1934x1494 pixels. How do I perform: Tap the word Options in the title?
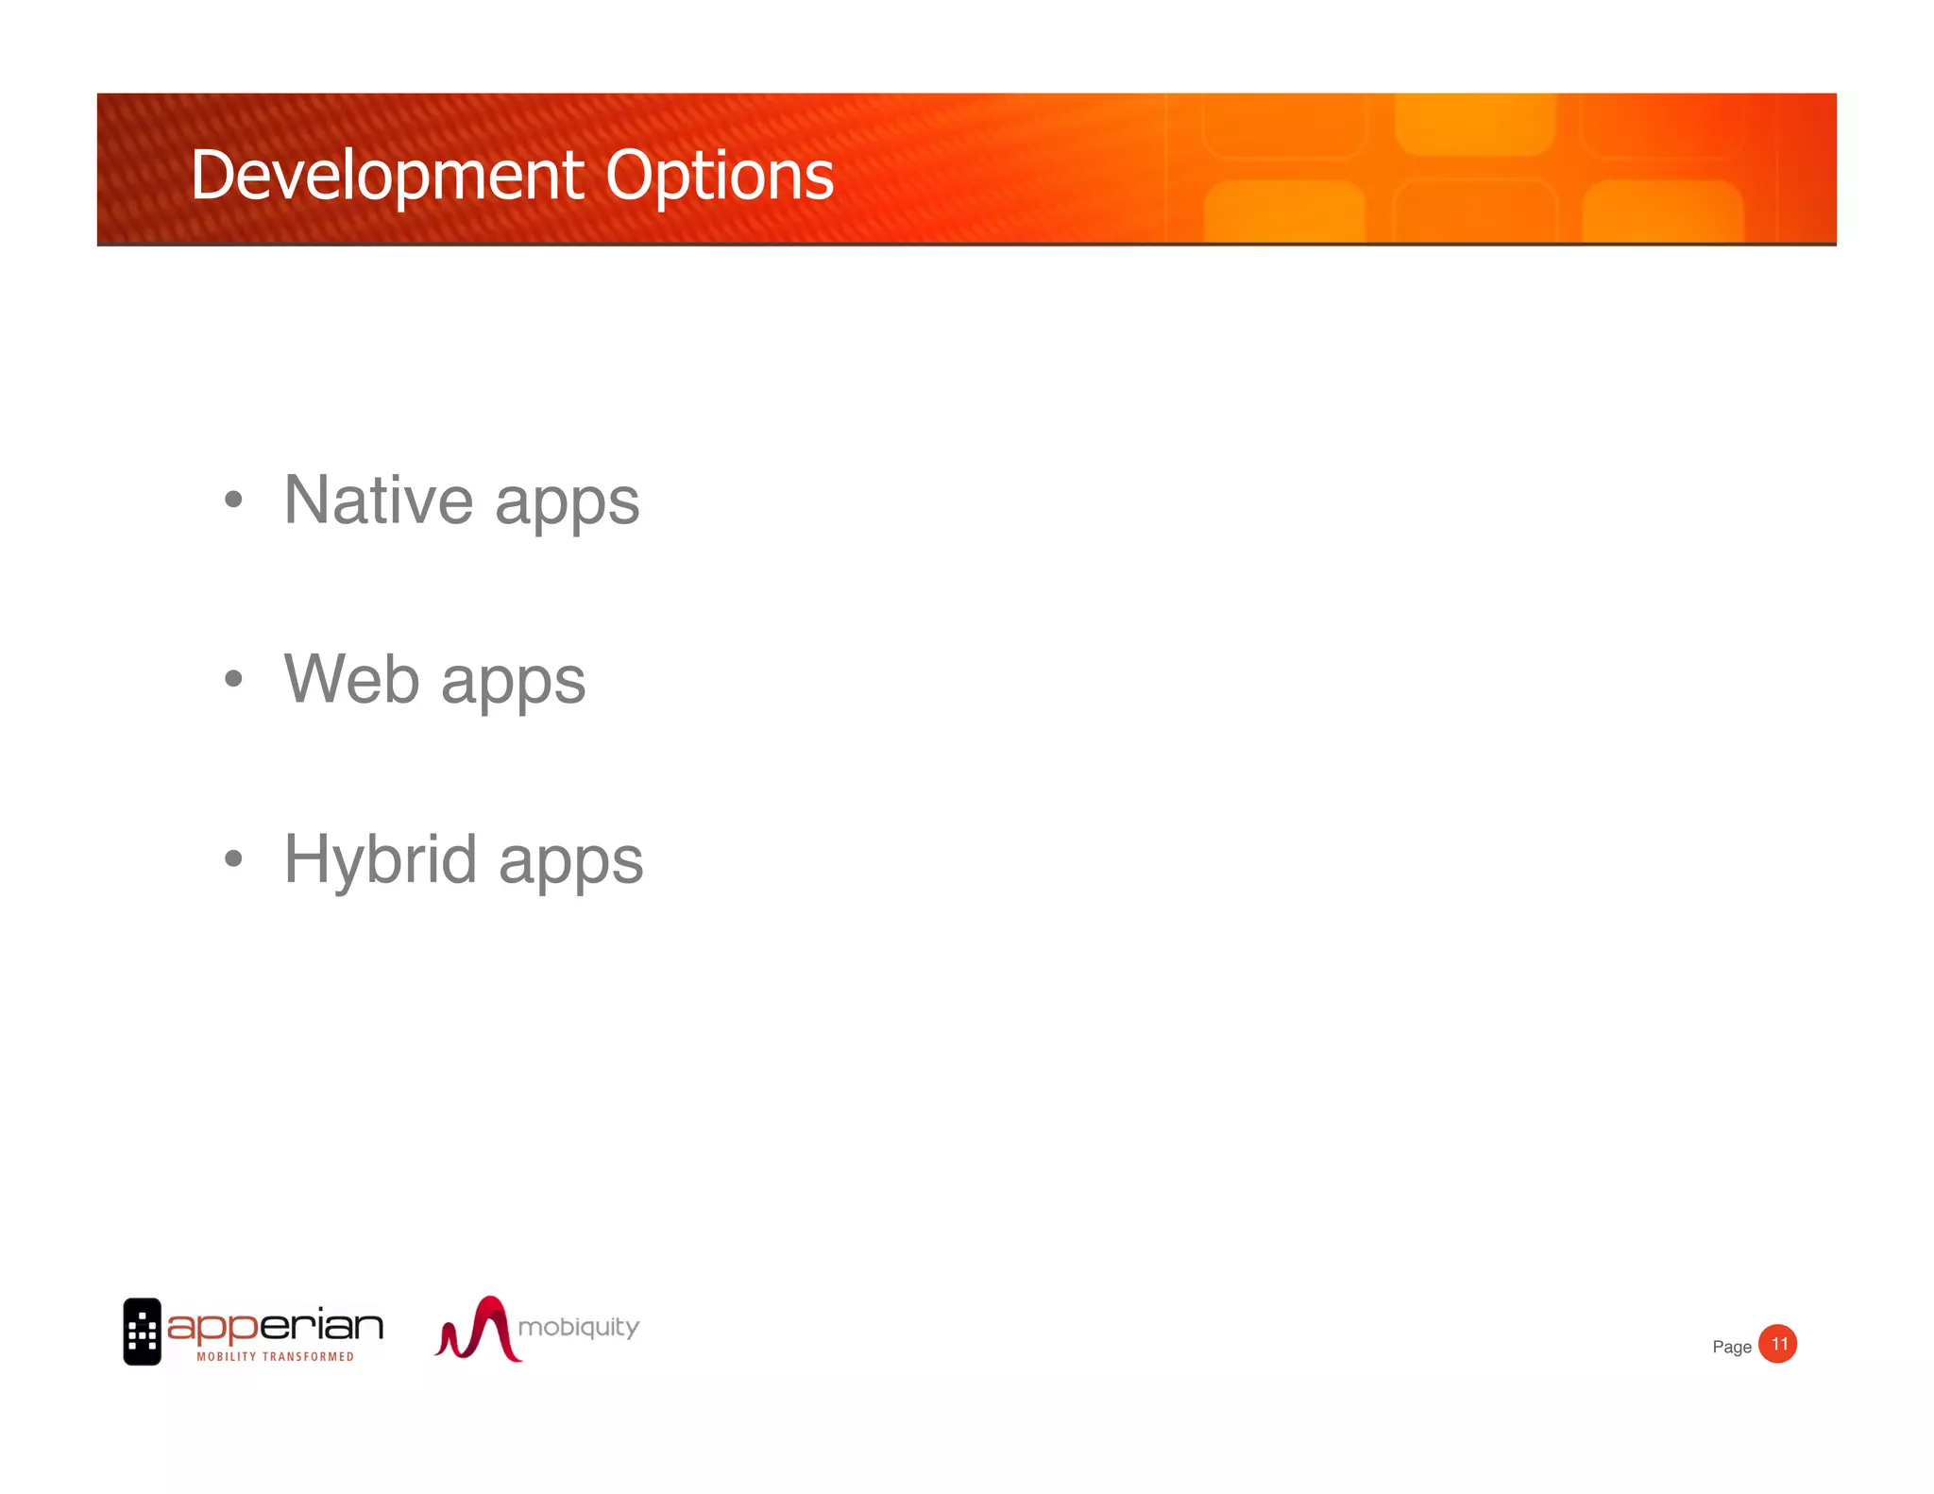coord(720,177)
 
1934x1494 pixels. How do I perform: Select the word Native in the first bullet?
coord(378,500)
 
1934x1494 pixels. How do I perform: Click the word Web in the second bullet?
coord(351,679)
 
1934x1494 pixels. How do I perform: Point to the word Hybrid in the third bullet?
coord(380,860)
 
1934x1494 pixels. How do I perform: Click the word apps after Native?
coord(567,503)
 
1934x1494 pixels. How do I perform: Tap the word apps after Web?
coord(513,683)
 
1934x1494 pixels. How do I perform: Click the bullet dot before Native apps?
coord(233,499)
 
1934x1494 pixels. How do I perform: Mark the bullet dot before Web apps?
coord(233,678)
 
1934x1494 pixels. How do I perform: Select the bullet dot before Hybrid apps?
coord(233,858)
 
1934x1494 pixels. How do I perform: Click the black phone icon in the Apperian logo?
coord(142,1331)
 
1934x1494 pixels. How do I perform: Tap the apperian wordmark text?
coord(275,1326)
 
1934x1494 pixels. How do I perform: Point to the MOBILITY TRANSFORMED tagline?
coord(275,1357)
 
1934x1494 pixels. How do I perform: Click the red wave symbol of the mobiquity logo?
coord(478,1329)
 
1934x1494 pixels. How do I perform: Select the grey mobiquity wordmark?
coord(578,1328)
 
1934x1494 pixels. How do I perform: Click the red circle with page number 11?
coord(1777,1344)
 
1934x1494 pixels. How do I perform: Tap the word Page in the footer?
coord(1731,1347)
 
